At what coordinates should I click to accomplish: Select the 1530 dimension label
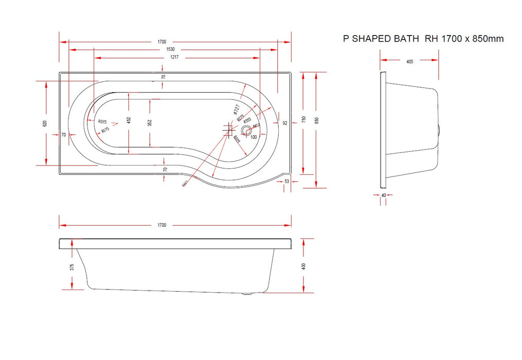tap(169, 49)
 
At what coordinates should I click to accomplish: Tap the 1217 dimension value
tap(174, 58)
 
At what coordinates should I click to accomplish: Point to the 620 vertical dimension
tap(45, 123)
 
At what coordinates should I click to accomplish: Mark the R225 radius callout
tap(102, 121)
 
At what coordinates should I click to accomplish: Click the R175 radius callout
tap(105, 130)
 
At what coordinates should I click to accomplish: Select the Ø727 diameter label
tap(236, 109)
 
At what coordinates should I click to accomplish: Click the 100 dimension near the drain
tap(254, 137)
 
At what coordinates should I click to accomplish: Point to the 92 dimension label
tap(284, 123)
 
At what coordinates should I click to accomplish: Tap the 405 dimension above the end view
tap(410, 61)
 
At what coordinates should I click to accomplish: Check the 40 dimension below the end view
tap(384, 195)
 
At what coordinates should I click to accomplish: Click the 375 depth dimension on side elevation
tap(72, 266)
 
